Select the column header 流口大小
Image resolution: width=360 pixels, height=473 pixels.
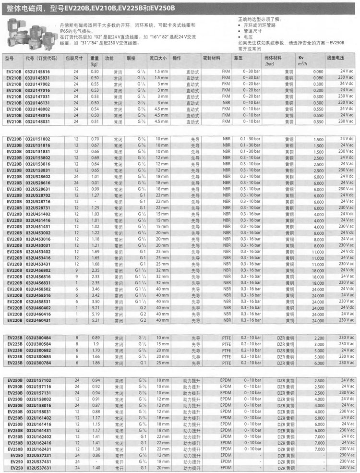point(157,58)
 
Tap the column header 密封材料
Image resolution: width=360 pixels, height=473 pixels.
point(212,58)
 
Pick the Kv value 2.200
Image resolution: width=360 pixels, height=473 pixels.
point(319,339)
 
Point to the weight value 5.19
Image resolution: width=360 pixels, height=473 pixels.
point(95,314)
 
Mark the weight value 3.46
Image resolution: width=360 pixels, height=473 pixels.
point(95,289)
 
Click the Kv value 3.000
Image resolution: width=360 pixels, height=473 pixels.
point(319,345)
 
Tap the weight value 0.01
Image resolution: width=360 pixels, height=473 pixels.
point(95,183)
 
